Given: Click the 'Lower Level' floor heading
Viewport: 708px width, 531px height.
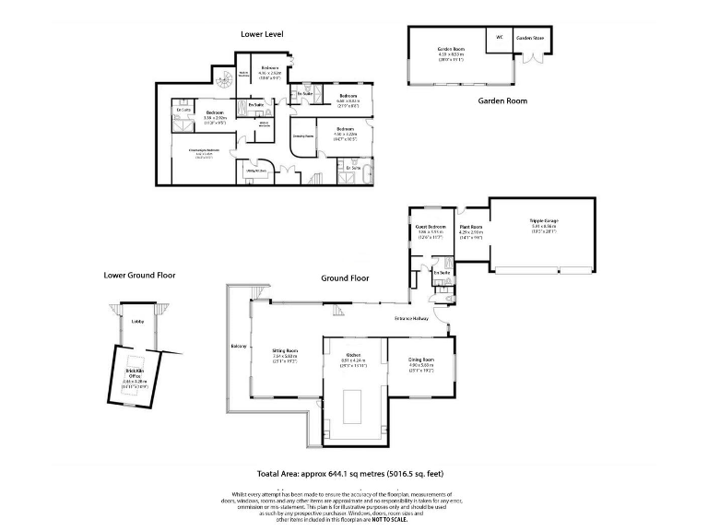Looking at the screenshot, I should coord(262,34).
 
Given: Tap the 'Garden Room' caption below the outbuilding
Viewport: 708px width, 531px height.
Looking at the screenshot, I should coord(502,100).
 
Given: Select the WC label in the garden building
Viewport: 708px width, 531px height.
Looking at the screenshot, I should coord(499,38).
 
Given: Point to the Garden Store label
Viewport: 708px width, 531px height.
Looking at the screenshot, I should coord(530,38).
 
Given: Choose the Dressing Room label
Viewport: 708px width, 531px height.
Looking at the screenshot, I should coord(303,136).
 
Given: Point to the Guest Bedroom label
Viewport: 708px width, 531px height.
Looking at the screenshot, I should coord(431,227).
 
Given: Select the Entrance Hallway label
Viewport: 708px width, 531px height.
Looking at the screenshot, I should coord(412,318).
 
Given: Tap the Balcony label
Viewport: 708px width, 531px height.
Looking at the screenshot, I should coord(237,347).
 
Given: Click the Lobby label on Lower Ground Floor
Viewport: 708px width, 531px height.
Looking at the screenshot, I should coord(137,321).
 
